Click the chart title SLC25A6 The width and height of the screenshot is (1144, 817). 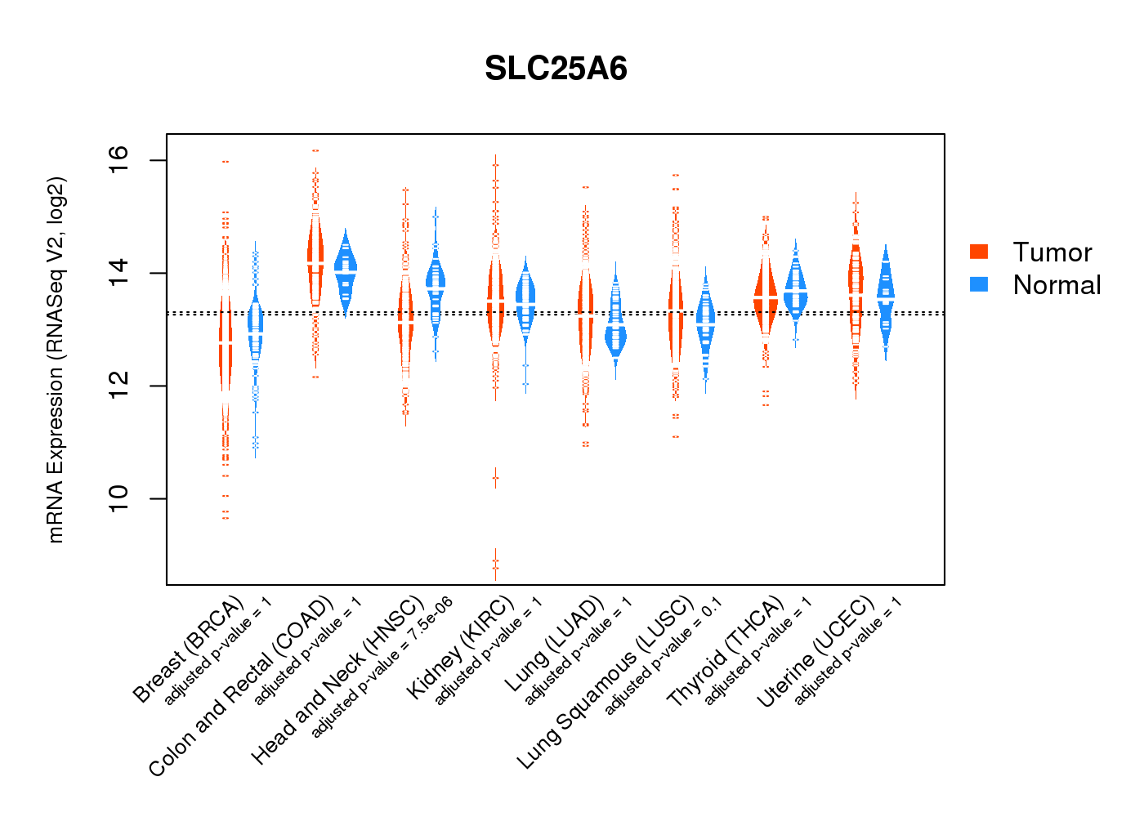(556, 69)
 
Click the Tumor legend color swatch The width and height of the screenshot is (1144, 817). (979, 252)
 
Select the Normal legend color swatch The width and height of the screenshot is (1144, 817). (979, 284)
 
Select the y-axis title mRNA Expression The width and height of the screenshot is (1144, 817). (56, 359)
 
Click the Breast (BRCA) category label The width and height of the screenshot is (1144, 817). (189, 650)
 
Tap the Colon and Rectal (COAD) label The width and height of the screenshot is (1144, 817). (241, 686)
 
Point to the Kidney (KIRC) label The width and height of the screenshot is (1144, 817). (461, 647)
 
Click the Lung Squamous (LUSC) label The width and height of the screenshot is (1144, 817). (606, 682)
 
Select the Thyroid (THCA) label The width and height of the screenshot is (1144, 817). (726, 651)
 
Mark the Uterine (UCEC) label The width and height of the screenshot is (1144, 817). (816, 651)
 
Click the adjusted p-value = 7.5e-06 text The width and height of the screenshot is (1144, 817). (382, 667)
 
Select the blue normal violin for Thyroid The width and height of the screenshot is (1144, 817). (795, 290)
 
